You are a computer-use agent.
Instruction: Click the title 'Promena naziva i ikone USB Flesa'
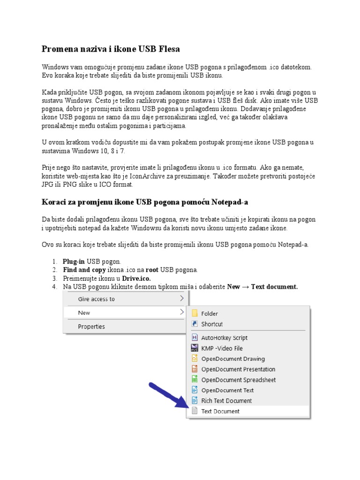coord(111,49)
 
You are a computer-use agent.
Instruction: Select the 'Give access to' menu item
coord(96,299)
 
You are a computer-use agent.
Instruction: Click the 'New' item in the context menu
coord(84,313)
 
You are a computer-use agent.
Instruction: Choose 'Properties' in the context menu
coord(91,327)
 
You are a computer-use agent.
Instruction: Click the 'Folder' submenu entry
coord(210,314)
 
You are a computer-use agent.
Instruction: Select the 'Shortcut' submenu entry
coord(212,324)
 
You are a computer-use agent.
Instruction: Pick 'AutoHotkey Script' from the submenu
coord(224,337)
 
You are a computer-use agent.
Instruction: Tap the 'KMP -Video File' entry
coord(222,348)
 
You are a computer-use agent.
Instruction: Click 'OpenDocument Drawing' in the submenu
coord(233,359)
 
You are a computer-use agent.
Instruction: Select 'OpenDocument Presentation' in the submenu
coord(238,369)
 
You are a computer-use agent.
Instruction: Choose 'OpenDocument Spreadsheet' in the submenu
coord(239,380)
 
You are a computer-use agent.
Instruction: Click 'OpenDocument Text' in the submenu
coord(227,390)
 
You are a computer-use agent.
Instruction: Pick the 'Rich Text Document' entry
coord(226,401)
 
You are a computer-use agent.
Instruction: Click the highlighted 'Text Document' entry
coord(220,411)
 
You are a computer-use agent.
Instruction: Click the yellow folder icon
coord(195,314)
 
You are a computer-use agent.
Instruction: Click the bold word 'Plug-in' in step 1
coord(74,262)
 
